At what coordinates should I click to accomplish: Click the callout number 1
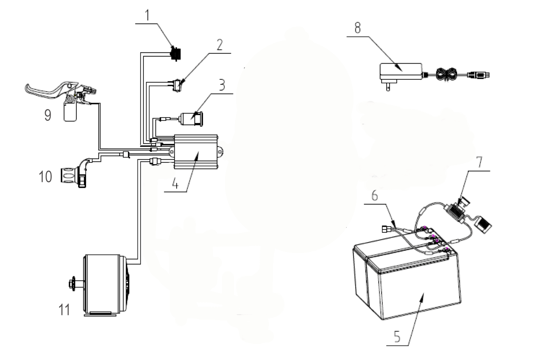147,15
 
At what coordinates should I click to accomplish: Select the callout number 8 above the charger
357,28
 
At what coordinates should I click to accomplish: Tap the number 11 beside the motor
64,309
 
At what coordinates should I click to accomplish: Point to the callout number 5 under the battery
397,337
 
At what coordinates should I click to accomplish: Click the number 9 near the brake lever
48,115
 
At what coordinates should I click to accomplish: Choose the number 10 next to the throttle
45,176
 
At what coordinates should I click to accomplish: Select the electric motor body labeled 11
104,284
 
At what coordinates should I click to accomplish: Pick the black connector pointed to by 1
174,53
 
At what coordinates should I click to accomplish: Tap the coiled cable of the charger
446,75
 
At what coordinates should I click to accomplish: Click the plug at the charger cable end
481,75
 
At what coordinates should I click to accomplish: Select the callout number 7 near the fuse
479,162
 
